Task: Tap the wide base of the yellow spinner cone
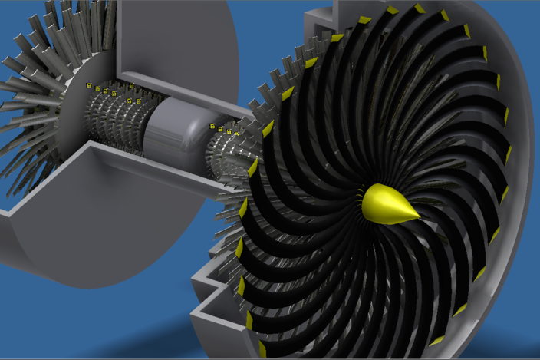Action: click(x=372, y=201)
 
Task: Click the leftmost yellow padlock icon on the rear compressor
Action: click(x=89, y=84)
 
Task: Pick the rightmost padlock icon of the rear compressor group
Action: click(x=140, y=101)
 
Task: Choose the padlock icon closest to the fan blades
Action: click(x=237, y=134)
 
